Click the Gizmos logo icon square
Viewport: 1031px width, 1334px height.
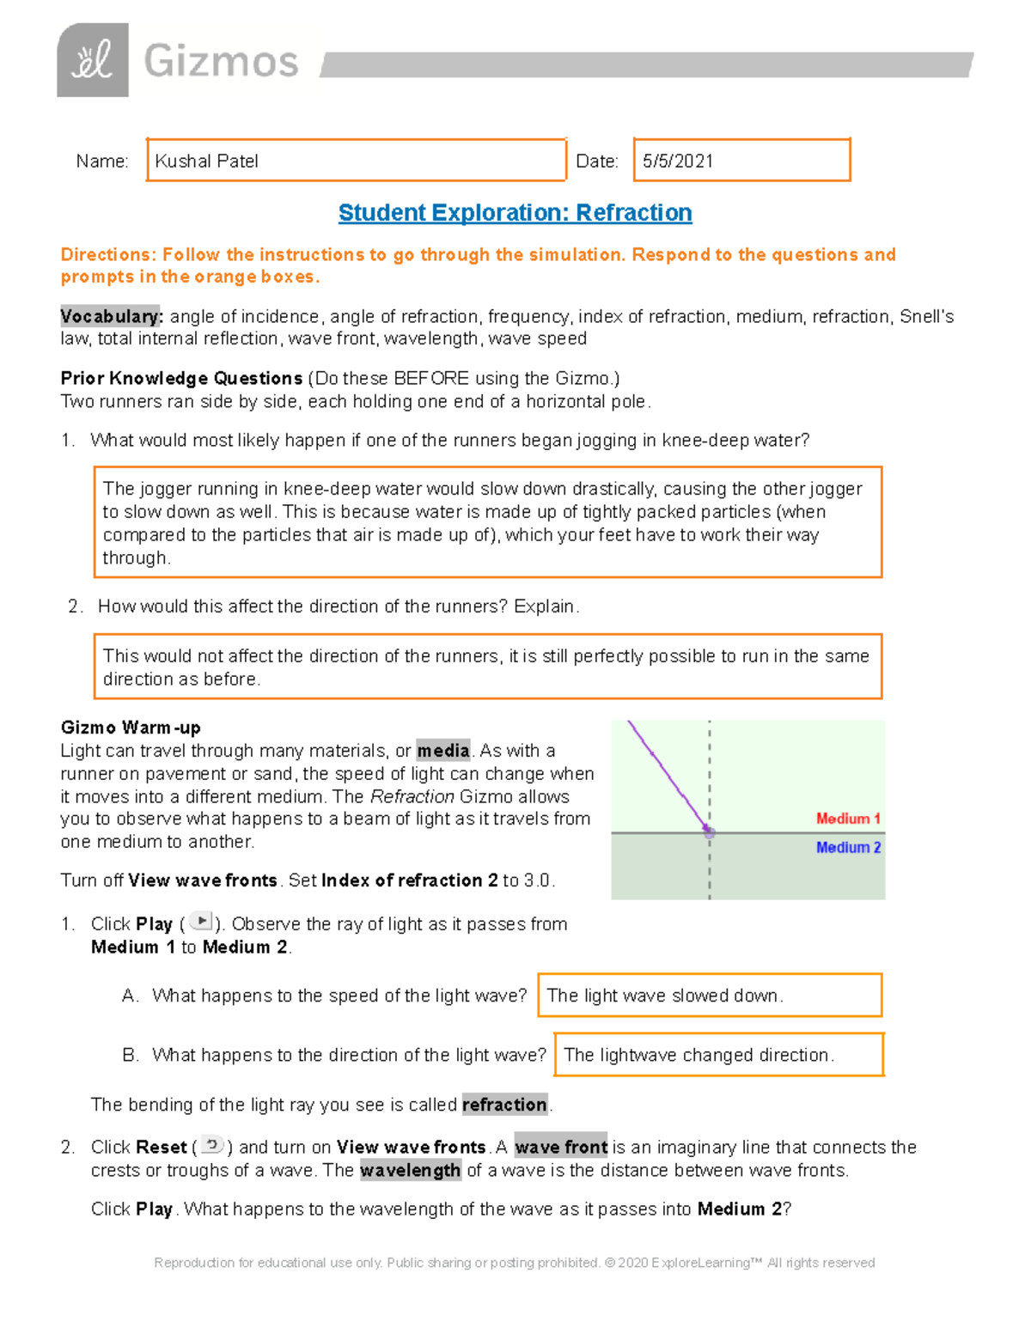point(93,60)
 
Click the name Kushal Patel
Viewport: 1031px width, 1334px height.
point(206,161)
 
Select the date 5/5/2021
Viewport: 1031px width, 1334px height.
point(678,161)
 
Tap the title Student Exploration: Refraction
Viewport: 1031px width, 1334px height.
point(515,213)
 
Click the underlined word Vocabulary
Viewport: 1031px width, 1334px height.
point(110,316)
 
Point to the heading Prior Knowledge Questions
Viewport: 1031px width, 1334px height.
point(181,379)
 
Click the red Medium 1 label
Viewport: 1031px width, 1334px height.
point(847,819)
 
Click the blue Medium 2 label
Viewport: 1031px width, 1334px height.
point(848,848)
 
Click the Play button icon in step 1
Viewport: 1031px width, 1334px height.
point(201,922)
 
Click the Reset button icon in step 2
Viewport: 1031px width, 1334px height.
point(212,1145)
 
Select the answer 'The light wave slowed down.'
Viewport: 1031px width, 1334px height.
point(664,996)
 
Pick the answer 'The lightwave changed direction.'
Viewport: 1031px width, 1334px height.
point(698,1055)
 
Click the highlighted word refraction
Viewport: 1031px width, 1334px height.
point(504,1105)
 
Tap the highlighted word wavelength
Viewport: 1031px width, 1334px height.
point(410,1171)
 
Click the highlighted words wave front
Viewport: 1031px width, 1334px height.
point(561,1148)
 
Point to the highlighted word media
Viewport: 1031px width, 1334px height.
point(443,751)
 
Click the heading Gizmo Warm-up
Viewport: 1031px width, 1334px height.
point(131,728)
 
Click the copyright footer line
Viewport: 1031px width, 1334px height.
point(514,1263)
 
